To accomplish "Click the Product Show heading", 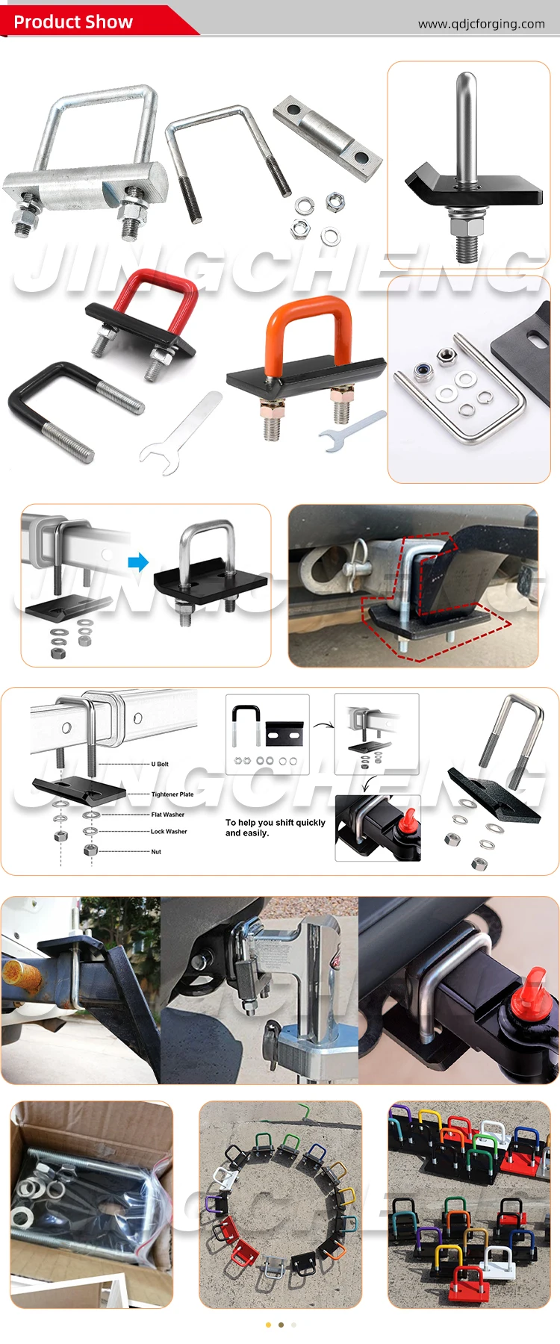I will pos(73,22).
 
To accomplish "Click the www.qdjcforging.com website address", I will pos(481,24).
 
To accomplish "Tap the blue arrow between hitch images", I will pos(138,561).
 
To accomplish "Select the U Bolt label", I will pos(160,764).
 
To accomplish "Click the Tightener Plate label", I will pos(172,794).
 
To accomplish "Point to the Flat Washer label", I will pos(167,815).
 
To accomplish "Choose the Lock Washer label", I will pos(169,831).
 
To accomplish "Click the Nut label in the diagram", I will pos(156,851).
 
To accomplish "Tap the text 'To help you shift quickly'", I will pos(275,822).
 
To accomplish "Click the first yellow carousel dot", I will pos(268,1325).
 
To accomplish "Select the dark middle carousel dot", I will pos(281,1325).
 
